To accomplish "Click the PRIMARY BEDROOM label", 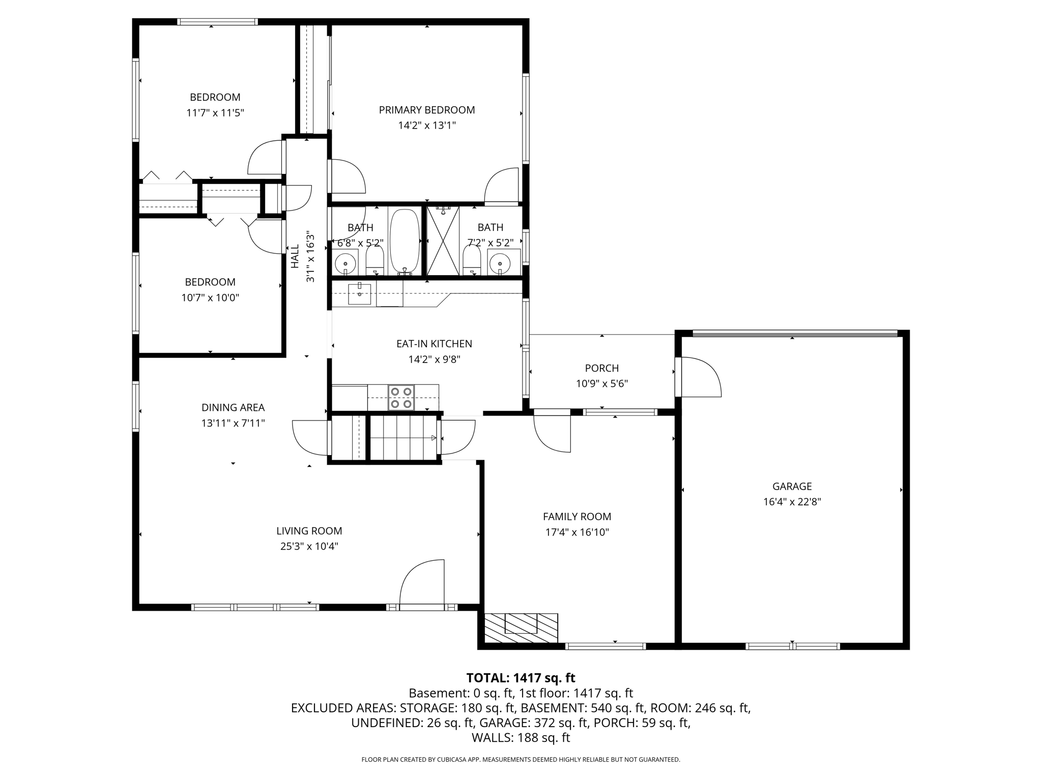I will pyautogui.click(x=426, y=110).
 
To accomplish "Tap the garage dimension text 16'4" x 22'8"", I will pyautogui.click(x=792, y=502).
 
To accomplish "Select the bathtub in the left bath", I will pyautogui.click(x=404, y=242).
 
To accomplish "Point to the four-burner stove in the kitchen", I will pyautogui.click(x=401, y=398).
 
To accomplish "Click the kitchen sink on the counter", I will pyautogui.click(x=359, y=294).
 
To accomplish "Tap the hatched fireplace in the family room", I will pyautogui.click(x=520, y=628).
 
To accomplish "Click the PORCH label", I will pyautogui.click(x=601, y=368).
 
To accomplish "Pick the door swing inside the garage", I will pyautogui.click(x=700, y=377).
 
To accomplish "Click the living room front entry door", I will pyautogui.click(x=422, y=585).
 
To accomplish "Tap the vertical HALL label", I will pyautogui.click(x=295, y=256).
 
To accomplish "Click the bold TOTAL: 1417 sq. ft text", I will pyautogui.click(x=520, y=678).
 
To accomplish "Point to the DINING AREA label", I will pyautogui.click(x=233, y=407).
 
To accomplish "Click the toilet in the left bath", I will pyautogui.click(x=375, y=260).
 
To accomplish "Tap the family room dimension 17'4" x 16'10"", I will pyautogui.click(x=576, y=532).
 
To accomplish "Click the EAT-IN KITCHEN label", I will pyautogui.click(x=434, y=344).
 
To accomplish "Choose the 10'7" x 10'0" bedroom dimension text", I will pyautogui.click(x=210, y=297).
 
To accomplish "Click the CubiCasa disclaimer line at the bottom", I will pyautogui.click(x=520, y=760).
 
